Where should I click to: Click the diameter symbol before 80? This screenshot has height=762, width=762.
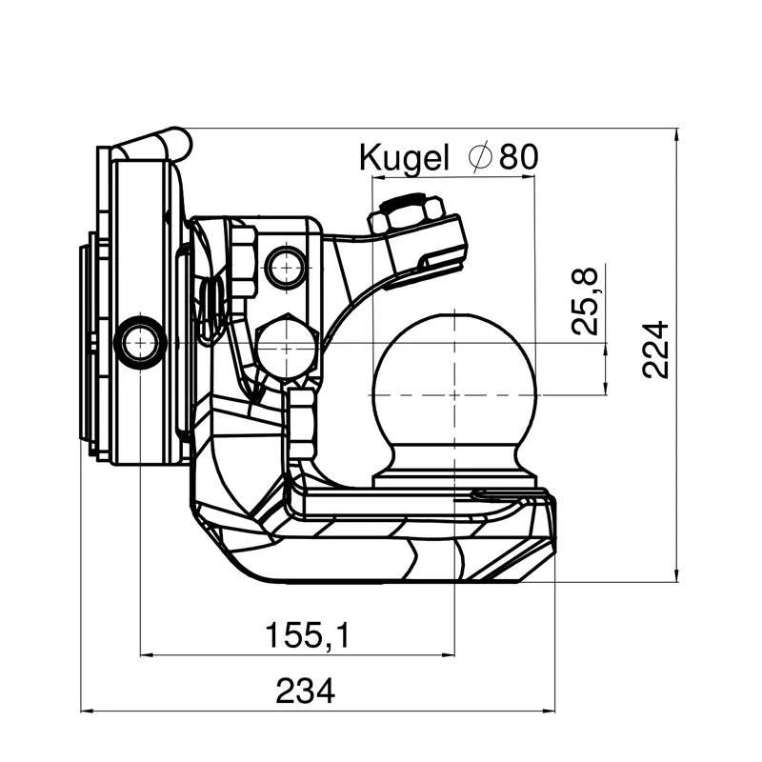(482, 156)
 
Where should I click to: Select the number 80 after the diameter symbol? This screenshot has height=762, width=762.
(518, 156)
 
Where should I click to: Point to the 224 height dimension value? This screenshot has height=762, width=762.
(655, 351)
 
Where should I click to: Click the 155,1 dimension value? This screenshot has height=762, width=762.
(307, 634)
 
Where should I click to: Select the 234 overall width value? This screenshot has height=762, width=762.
(306, 691)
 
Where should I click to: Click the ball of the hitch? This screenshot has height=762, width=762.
(454, 381)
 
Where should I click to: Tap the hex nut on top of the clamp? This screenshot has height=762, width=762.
(409, 214)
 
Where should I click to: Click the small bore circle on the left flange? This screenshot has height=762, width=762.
(139, 341)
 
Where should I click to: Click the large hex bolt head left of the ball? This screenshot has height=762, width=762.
(287, 349)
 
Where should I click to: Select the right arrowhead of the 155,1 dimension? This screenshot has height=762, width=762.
(451, 654)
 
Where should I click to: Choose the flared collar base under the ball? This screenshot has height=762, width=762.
(454, 470)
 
